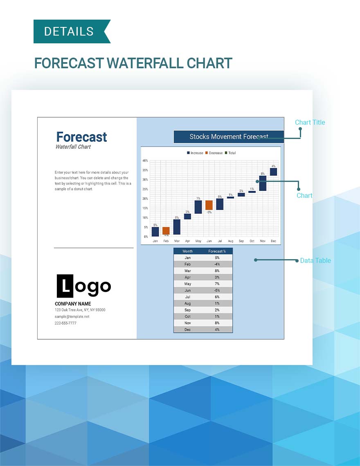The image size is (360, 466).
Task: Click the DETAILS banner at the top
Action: [72, 31]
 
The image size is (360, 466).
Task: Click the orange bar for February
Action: [166, 231]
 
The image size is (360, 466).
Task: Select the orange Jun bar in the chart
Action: [209, 205]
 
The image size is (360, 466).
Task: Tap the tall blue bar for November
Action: [263, 183]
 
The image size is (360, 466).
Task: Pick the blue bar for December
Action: [273, 172]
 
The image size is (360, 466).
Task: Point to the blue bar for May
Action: [198, 207]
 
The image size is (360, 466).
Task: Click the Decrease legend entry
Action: [214, 153]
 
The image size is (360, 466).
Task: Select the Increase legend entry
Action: [195, 153]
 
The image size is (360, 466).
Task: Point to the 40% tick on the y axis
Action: [145, 161]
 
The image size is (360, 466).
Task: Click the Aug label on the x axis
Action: [231, 241]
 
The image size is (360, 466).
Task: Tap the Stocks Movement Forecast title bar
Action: [229, 137]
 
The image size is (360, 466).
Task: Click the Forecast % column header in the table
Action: [217, 251]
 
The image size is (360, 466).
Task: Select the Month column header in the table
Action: [187, 251]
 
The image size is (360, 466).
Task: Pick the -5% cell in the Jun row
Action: [217, 290]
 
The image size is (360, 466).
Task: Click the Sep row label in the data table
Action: [187, 310]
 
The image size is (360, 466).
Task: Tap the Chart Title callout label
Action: [310, 123]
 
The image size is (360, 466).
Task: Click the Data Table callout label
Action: [315, 261]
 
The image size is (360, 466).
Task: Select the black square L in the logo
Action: [65, 286]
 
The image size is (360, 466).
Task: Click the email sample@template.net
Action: [72, 316]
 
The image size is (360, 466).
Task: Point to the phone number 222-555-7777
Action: [65, 323]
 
